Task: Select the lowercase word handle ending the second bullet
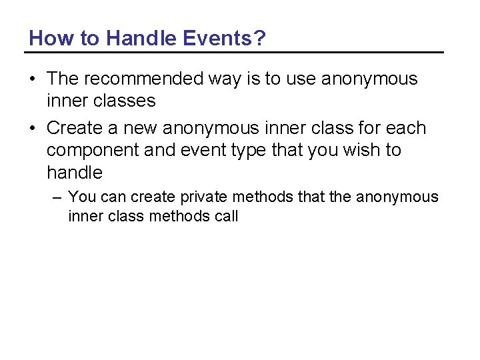click(75, 173)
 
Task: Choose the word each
click(405, 128)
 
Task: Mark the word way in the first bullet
click(224, 79)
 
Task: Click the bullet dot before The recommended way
click(32, 79)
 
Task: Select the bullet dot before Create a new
click(32, 129)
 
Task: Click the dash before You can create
click(58, 197)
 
